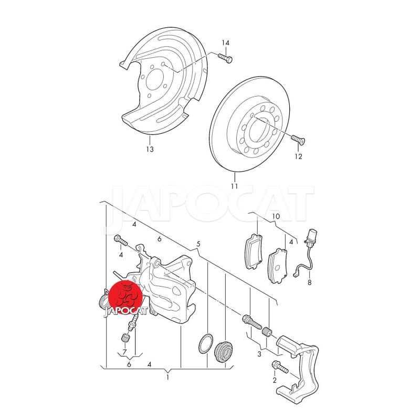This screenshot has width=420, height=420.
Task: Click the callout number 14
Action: [x=226, y=43]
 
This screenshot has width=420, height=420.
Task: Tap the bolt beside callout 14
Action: [x=225, y=58]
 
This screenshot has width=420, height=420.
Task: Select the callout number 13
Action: [x=150, y=149]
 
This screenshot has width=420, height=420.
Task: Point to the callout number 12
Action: [x=298, y=156]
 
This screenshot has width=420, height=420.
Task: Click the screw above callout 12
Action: [x=298, y=139]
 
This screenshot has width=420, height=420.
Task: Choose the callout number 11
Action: [x=234, y=186]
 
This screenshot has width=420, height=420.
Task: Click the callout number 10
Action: [x=276, y=216]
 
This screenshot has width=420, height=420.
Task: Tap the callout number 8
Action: [x=310, y=282]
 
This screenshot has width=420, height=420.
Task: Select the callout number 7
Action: [x=124, y=351]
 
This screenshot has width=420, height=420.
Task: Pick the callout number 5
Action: [x=198, y=244]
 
